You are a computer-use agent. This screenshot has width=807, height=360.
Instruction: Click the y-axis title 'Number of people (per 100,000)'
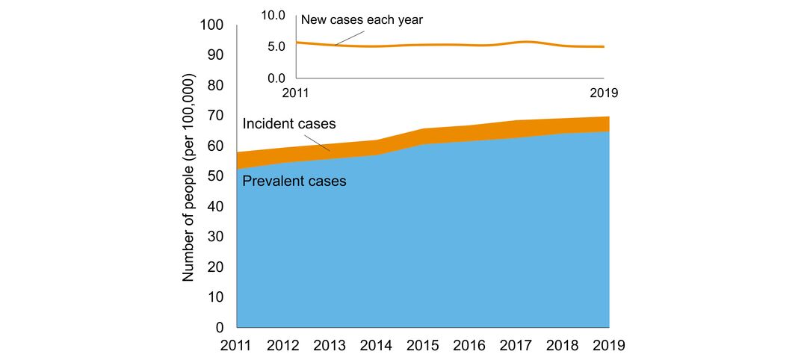[x=188, y=177]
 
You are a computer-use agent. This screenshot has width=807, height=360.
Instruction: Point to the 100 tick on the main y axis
[x=212, y=25]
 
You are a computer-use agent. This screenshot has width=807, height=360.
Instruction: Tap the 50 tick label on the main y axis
[x=215, y=176]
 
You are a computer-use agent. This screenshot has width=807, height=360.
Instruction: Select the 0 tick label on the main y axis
[x=220, y=328]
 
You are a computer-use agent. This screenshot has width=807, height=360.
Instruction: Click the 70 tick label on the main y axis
[x=215, y=116]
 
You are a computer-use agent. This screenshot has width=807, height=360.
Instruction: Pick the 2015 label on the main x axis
[x=423, y=346]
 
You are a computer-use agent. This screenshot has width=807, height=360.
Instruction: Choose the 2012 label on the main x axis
[x=283, y=346]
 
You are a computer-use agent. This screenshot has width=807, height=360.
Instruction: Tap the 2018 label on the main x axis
[x=563, y=346]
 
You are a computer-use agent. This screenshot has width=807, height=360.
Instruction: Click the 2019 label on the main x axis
[x=608, y=346]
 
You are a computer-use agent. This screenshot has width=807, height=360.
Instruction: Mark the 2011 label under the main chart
[x=237, y=346]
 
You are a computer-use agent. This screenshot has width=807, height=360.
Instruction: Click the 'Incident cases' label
[x=290, y=123]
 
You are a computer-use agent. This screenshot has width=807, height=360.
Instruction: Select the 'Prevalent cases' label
[x=294, y=181]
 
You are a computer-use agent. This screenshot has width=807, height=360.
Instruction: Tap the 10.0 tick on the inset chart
[x=274, y=15]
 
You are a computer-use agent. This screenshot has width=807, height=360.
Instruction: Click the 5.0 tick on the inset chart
[x=277, y=46]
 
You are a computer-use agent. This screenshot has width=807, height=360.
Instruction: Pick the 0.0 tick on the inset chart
[x=277, y=78]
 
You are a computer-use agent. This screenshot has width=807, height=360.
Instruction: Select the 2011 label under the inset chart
[x=297, y=93]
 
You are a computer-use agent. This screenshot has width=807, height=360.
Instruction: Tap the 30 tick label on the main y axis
[x=215, y=237]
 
